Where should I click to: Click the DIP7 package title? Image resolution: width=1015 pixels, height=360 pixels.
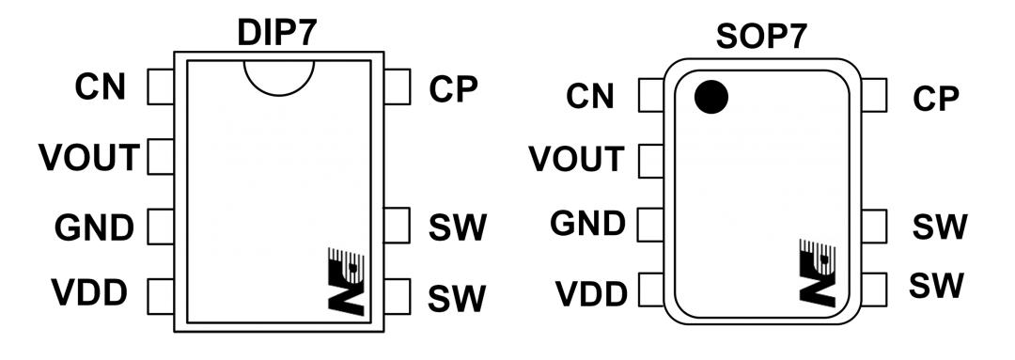click(277, 34)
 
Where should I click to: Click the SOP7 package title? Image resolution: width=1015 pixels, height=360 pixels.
click(762, 37)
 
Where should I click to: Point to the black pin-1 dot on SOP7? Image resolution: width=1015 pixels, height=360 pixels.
click(711, 97)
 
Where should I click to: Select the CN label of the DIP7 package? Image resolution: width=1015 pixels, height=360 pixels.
click(101, 87)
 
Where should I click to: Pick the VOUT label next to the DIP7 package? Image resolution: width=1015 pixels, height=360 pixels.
click(88, 157)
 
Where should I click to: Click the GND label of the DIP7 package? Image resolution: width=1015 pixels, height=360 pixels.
click(95, 227)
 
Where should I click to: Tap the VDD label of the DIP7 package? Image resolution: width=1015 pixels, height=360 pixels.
click(89, 293)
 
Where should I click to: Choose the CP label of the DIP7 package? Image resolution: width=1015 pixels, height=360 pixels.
click(453, 90)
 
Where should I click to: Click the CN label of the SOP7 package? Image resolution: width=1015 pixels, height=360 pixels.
click(589, 97)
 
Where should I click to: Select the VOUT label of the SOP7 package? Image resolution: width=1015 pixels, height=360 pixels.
click(577, 159)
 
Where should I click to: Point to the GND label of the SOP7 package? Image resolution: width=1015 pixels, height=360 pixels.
click(587, 224)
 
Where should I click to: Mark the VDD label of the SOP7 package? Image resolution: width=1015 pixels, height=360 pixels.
click(592, 294)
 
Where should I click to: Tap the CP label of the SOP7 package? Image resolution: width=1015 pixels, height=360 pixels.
click(936, 99)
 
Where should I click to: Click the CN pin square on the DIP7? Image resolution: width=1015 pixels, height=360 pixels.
click(161, 87)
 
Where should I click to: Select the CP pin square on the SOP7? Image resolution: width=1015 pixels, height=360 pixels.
click(874, 95)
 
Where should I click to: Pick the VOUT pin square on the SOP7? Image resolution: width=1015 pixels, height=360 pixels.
click(650, 162)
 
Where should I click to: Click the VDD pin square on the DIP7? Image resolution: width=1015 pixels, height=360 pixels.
click(161, 296)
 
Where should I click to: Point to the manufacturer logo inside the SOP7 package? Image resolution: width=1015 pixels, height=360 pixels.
click(819, 271)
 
